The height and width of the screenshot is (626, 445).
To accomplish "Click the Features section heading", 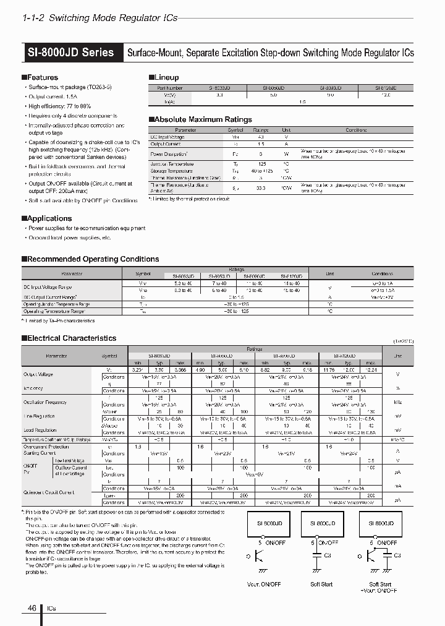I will point(41,77).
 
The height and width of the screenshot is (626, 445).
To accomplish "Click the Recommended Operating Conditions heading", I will point(93,259).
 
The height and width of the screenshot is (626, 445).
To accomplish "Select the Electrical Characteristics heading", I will point(71,338).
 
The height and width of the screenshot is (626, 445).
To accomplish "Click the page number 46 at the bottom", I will point(32,608).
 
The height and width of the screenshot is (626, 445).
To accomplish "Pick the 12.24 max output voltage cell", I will point(370,370).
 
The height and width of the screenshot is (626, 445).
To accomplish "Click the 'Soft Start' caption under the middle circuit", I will point(321,584).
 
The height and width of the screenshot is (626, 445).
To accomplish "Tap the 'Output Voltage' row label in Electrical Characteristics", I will point(38,374).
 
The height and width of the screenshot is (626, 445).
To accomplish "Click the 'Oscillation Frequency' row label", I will point(46,401).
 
